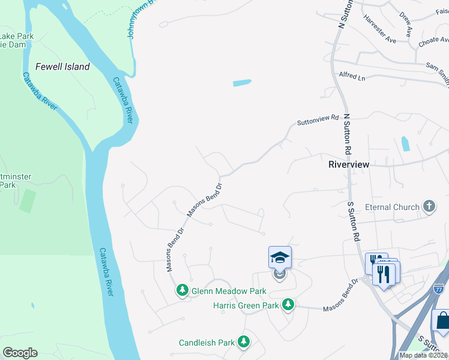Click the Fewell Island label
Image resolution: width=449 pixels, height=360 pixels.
pyautogui.click(x=62, y=67)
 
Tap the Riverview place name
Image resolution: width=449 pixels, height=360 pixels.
pyautogui.click(x=349, y=164)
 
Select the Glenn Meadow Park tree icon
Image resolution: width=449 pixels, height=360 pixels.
pyautogui.click(x=182, y=290)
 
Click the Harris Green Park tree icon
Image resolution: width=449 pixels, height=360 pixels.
pyautogui.click(x=288, y=305)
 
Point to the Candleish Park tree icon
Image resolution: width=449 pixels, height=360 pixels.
pyautogui.click(x=243, y=342)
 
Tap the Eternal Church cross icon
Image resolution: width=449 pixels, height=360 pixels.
pyautogui.click(x=429, y=207)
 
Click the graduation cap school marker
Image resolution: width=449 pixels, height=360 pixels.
pyautogui.click(x=280, y=257)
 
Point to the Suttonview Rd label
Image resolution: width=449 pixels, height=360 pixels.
pyautogui.click(x=318, y=121)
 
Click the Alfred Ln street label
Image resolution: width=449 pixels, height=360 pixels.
pyautogui.click(x=352, y=77)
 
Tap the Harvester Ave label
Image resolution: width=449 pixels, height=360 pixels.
pyautogui.click(x=380, y=29)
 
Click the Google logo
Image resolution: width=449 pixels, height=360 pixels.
pyautogui.click(x=20, y=353)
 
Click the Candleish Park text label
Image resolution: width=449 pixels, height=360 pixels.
pyautogui.click(x=206, y=343)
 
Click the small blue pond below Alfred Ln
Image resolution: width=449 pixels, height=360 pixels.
pyautogui.click(x=241, y=83)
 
